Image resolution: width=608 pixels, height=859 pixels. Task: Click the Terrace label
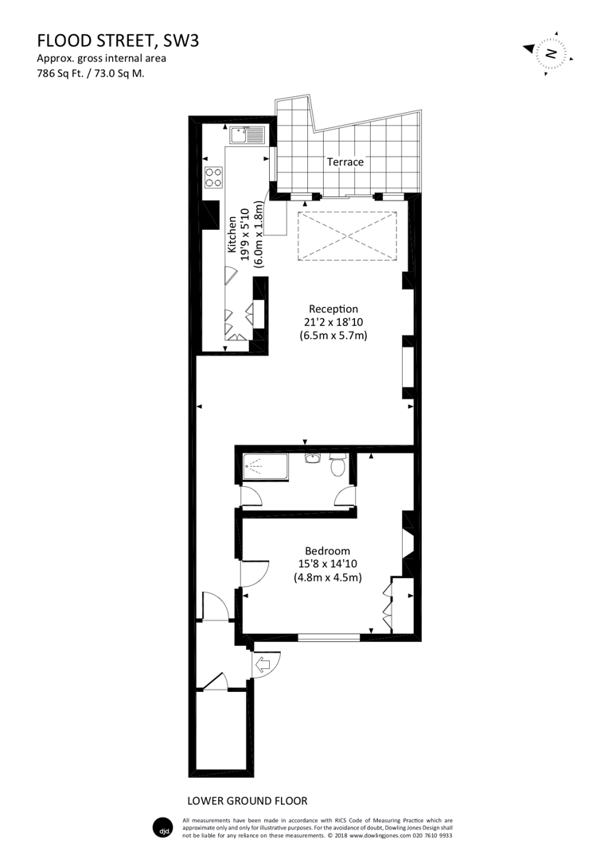click(345, 161)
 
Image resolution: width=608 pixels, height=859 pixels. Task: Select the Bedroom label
click(327, 550)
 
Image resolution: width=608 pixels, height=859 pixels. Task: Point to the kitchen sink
click(246, 136)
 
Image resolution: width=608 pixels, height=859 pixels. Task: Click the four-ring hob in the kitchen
click(213, 177)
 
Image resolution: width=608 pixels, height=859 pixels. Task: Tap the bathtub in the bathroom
click(264, 468)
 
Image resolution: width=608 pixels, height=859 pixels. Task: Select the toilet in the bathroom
click(337, 464)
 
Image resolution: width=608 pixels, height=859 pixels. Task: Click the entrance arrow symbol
click(263, 663)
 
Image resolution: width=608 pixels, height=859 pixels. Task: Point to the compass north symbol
click(549, 54)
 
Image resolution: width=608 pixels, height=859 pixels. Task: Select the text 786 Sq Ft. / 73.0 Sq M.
click(90, 73)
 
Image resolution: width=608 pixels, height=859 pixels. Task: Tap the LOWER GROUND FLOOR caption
click(247, 800)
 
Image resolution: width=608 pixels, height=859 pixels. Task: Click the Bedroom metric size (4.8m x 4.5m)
click(327, 578)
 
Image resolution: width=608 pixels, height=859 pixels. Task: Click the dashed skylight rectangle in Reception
click(346, 235)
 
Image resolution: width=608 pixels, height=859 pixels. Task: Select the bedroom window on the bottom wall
click(329, 636)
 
